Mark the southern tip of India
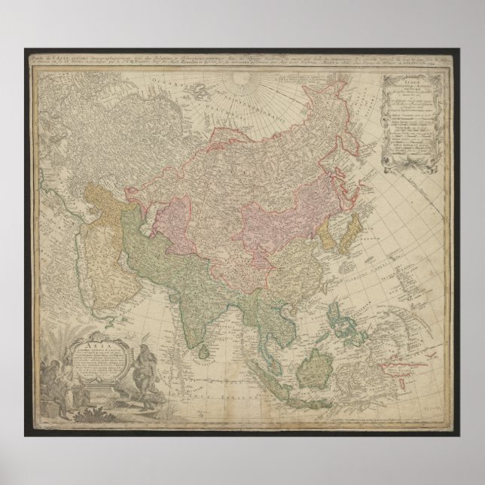coord(191,322)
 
